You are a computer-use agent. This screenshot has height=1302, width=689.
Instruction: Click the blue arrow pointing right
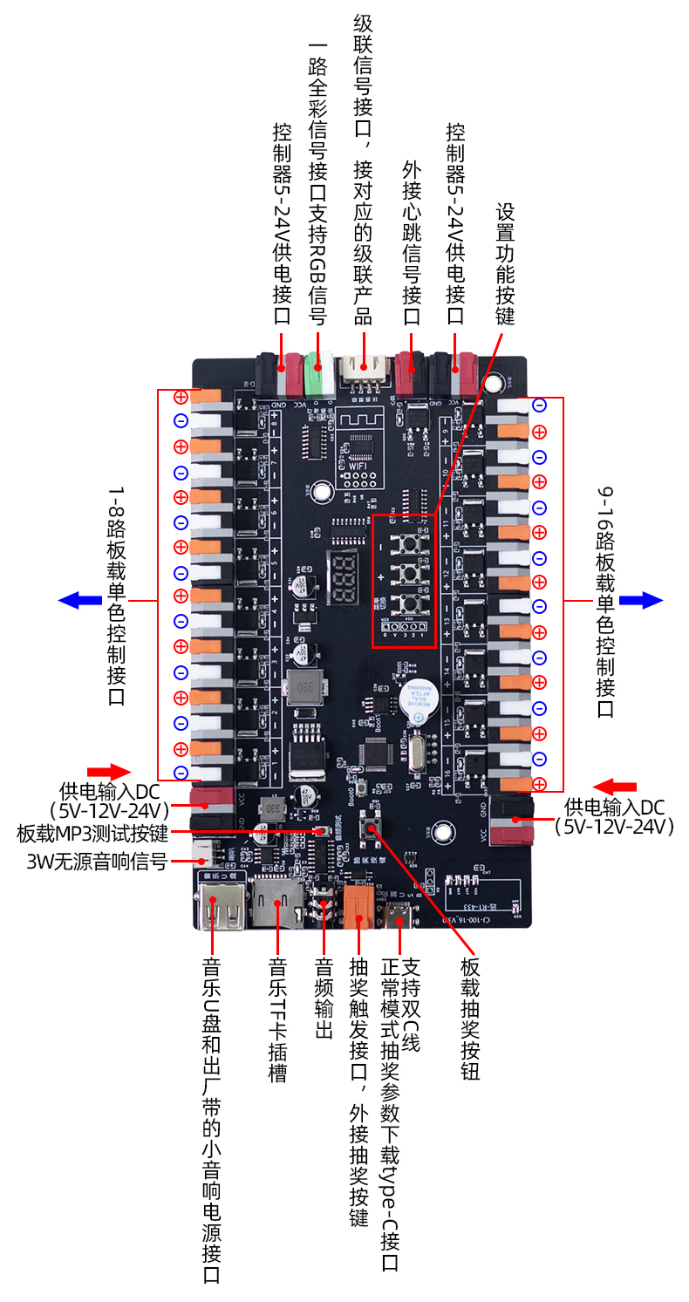(641, 600)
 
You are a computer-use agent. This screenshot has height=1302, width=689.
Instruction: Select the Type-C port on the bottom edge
(400, 915)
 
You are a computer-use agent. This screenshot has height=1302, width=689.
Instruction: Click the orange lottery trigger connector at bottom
(356, 907)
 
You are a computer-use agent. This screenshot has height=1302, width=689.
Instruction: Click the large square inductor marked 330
(307, 685)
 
